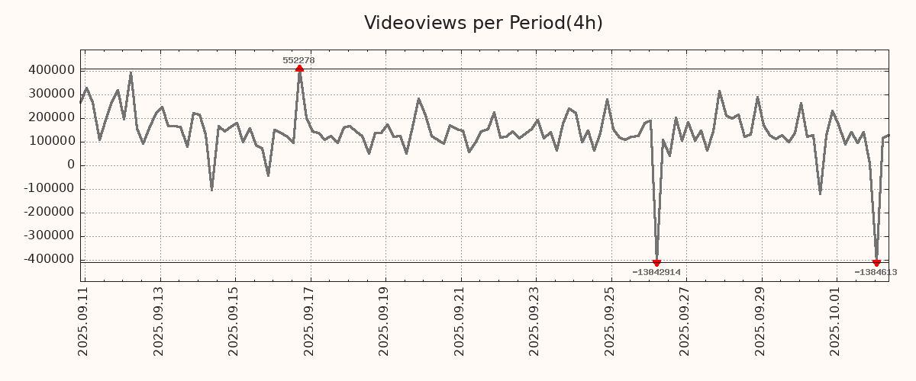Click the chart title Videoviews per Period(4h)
tap(483, 23)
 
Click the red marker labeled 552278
tap(299, 69)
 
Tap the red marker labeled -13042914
tap(656, 263)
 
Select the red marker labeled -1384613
tap(876, 263)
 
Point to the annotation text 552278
tap(298, 60)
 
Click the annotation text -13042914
tap(656, 272)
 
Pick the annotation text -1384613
tap(875, 272)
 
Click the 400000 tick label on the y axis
tap(50, 70)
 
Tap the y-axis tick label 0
tap(71, 165)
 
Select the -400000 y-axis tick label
tap(48, 259)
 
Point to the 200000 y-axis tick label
tap(50, 117)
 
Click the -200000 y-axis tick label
tap(48, 212)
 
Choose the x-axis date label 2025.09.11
tap(83, 320)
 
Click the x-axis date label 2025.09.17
tap(309, 320)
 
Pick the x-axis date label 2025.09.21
tap(460, 320)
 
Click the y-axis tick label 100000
tap(50, 141)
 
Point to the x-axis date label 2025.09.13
tap(159, 320)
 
